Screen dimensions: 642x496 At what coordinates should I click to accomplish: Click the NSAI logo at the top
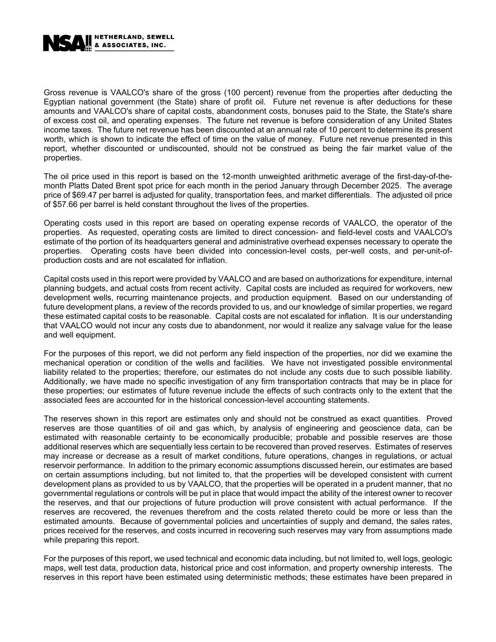point(67,43)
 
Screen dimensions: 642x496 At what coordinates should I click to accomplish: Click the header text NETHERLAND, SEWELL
point(134,37)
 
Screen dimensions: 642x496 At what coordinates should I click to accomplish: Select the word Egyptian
point(60,102)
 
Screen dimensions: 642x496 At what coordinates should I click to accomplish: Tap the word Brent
point(126,186)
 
